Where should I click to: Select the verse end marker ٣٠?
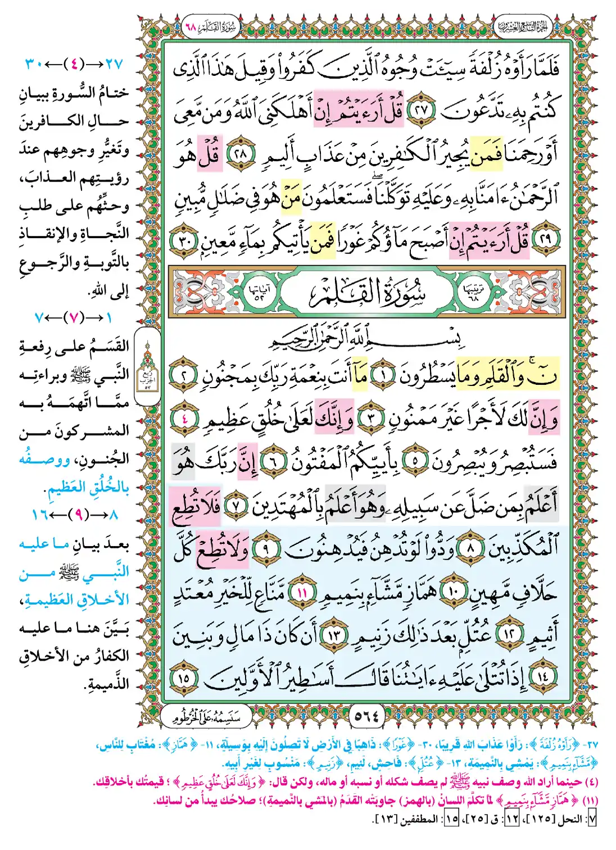[x=185, y=240]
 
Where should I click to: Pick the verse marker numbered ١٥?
[x=185, y=678]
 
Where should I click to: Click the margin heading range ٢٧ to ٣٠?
[x=74, y=63]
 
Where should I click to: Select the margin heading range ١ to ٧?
[x=74, y=317]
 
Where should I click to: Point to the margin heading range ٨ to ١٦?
[x=74, y=514]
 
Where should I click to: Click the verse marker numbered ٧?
[x=237, y=505]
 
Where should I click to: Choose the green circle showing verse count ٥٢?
[x=260, y=292]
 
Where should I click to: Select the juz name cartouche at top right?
[x=522, y=26]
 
